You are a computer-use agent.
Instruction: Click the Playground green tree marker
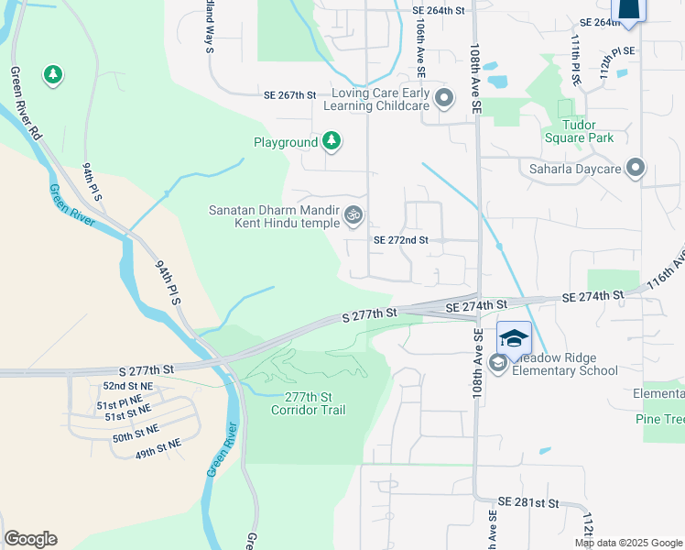tap(332, 142)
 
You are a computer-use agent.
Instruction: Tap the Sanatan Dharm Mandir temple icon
tap(353, 216)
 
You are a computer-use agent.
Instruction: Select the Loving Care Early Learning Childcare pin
tap(444, 98)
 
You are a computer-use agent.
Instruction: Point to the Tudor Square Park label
tap(584, 132)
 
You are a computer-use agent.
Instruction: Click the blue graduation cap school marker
tap(514, 338)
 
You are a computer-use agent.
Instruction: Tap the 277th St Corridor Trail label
tap(308, 403)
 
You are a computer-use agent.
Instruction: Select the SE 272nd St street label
tap(400, 240)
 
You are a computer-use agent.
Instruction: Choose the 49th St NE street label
tap(159, 443)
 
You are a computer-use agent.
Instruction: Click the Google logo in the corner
tap(30, 539)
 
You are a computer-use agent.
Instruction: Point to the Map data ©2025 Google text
tap(627, 543)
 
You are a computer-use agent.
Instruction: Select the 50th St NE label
tap(136, 428)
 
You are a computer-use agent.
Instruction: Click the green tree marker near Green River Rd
tap(52, 73)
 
